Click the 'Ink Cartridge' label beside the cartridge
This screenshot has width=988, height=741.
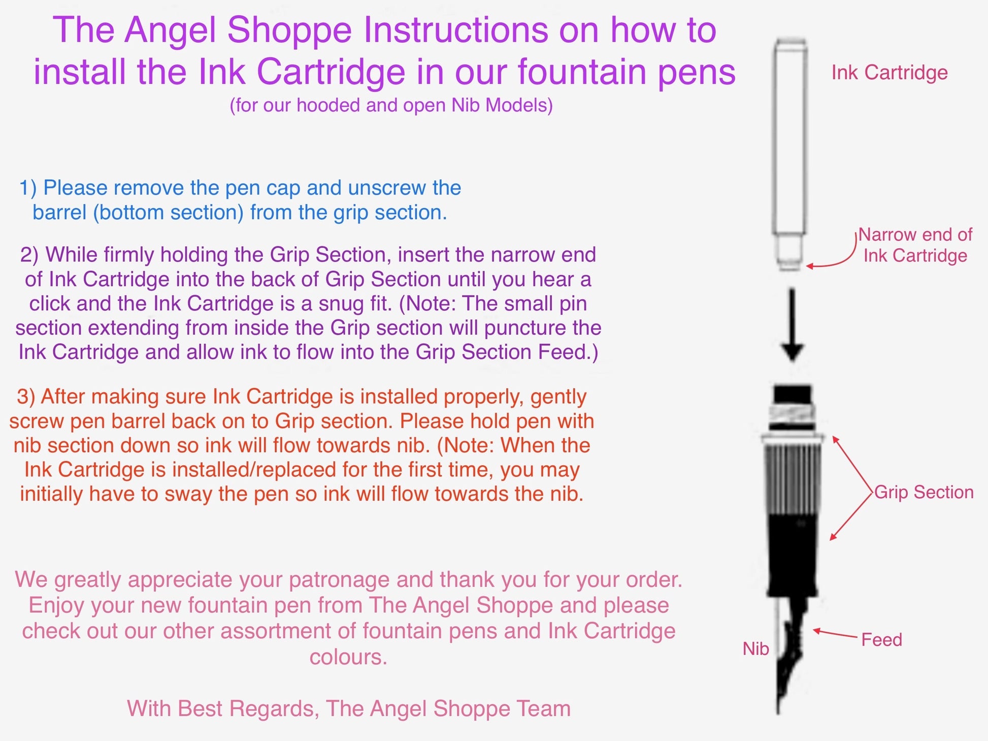pyautogui.click(x=890, y=73)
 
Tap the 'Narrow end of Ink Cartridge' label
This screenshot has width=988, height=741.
pyautogui.click(x=915, y=245)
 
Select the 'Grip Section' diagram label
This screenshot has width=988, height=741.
pyautogui.click(x=924, y=492)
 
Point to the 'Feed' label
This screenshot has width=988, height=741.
pyautogui.click(x=882, y=639)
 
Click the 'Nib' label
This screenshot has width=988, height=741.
pyautogui.click(x=755, y=649)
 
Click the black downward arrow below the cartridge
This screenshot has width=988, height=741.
pyautogui.click(x=792, y=325)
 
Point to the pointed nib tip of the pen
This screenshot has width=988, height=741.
pyautogui.click(x=778, y=711)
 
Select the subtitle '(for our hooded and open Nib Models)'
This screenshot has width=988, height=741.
pyautogui.click(x=391, y=105)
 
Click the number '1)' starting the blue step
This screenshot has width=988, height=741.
pyautogui.click(x=28, y=188)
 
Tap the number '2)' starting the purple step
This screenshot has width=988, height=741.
pyautogui.click(x=29, y=254)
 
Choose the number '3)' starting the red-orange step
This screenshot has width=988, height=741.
pyautogui.click(x=26, y=396)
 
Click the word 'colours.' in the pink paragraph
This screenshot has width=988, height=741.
pyautogui.click(x=349, y=657)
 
